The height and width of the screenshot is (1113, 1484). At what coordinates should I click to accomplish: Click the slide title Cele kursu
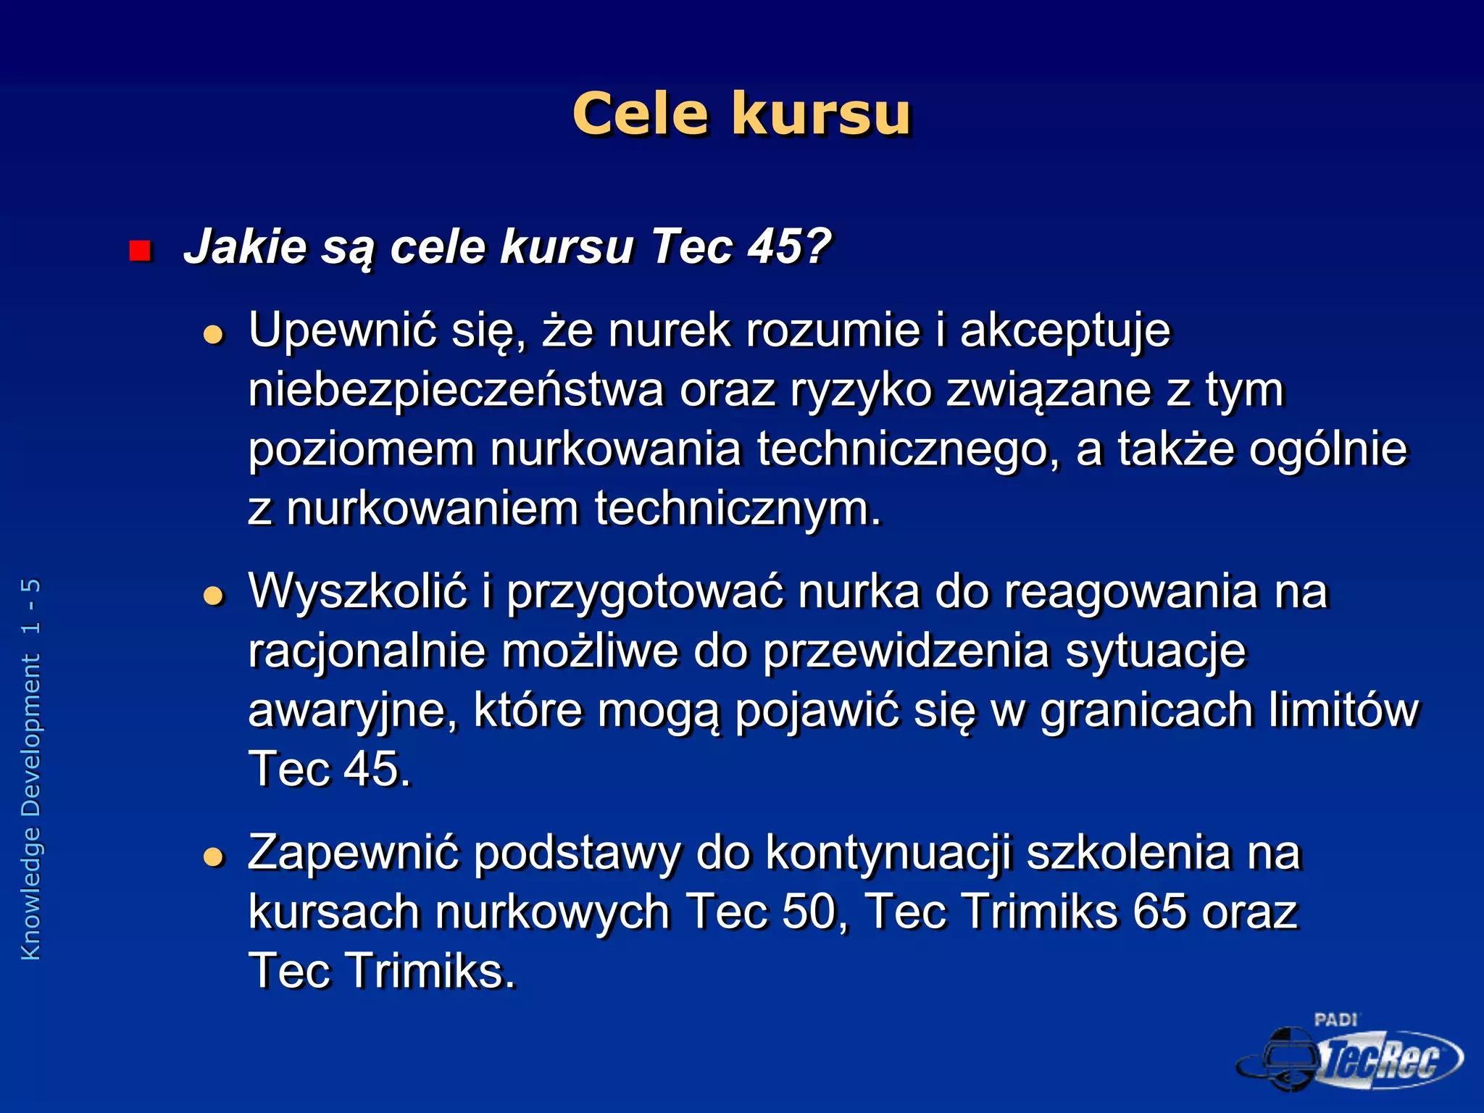(741, 114)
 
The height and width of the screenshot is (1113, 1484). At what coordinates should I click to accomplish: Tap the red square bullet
(139, 251)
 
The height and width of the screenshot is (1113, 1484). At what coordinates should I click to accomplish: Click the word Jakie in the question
(245, 247)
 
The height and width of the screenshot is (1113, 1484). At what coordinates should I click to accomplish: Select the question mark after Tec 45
(817, 246)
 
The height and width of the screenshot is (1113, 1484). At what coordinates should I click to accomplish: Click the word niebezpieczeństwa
(456, 391)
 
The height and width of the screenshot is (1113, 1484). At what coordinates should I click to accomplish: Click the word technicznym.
(737, 508)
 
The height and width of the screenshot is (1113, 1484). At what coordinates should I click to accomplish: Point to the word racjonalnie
(367, 651)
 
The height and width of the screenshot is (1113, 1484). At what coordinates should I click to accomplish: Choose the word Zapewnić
(354, 852)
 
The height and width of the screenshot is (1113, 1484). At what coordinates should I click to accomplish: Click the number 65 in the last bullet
(1159, 912)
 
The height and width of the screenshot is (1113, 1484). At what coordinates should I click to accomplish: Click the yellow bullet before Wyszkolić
(213, 596)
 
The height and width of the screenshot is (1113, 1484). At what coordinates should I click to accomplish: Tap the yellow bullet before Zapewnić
(213, 857)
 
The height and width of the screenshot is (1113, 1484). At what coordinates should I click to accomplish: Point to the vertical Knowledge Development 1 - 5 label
(31, 768)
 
